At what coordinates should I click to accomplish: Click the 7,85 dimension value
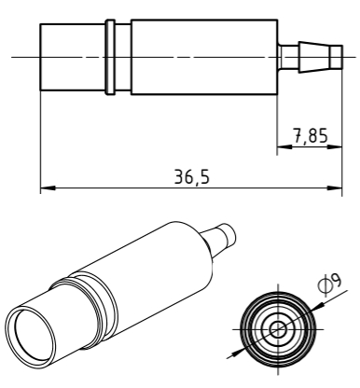tap(311, 136)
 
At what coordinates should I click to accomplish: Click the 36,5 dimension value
tap(192, 177)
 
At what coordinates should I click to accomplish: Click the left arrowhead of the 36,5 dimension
tap(48, 188)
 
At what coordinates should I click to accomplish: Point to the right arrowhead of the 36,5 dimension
tap(335, 188)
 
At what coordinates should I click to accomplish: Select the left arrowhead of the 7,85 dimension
tap(284, 145)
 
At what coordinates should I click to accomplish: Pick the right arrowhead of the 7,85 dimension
tap(335, 145)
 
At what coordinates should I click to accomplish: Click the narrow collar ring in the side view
tap(110, 57)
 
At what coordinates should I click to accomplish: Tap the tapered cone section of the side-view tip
tap(314, 57)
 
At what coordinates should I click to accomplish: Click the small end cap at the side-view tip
tap(337, 57)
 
